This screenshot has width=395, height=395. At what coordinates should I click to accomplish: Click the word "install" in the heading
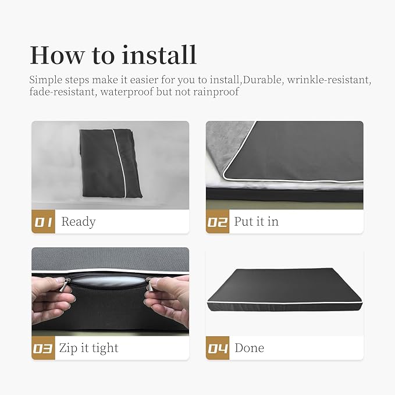pos(159,55)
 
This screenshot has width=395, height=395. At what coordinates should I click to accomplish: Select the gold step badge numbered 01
pos(43,222)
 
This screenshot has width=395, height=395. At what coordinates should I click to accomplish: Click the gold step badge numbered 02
pos(218,222)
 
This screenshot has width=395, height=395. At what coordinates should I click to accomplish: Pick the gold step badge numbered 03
pos(43,348)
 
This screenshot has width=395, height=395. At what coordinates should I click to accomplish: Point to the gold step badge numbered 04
pos(218,348)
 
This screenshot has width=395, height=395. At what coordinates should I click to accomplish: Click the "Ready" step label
pos(79,222)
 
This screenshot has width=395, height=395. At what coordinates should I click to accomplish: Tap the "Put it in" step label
pos(257,222)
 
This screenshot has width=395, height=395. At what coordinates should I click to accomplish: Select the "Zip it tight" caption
pos(88,348)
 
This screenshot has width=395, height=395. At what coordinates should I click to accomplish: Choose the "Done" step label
pos(250,348)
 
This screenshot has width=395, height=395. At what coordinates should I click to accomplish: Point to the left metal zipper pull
pos(65,285)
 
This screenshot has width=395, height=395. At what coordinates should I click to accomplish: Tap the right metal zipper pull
pos(151,285)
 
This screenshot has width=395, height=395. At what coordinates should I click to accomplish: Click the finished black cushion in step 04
pos(284,290)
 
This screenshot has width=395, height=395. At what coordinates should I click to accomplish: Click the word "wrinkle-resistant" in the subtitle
pos(329,80)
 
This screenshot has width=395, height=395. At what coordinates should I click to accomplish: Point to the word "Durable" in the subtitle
pos(262,80)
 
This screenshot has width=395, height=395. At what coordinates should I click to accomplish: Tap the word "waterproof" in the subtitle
pos(127,92)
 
